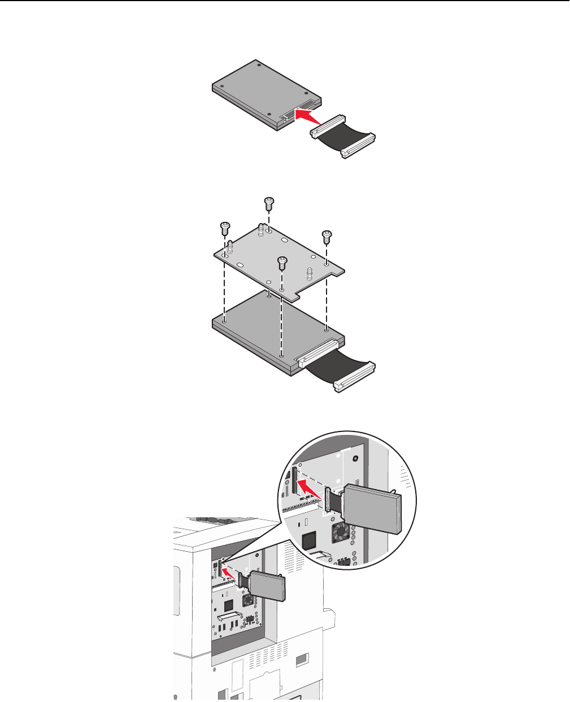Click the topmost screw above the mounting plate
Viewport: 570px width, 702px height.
point(269,201)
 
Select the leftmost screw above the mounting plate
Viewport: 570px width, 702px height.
point(224,226)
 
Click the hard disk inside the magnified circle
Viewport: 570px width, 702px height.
point(373,508)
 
